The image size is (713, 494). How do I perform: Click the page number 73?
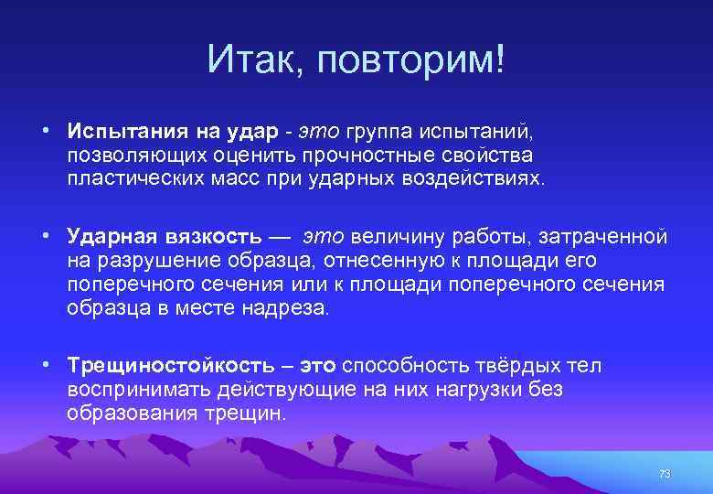coord(665,474)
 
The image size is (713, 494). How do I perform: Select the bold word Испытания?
coord(122,134)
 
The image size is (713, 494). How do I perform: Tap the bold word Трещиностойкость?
coord(170,367)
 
